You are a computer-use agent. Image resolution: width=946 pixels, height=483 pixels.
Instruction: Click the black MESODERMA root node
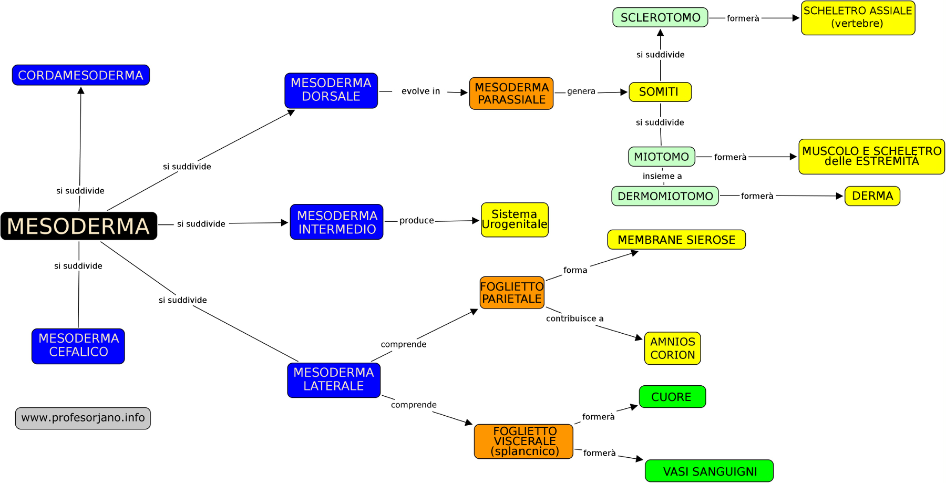pyautogui.click(x=79, y=226)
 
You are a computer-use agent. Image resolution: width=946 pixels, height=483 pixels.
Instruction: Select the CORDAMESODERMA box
pyautogui.click(x=81, y=75)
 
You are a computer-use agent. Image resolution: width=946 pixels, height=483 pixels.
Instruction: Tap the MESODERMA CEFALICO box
pyautogui.click(x=78, y=346)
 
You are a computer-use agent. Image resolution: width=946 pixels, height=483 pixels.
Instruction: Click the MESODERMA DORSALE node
pyautogui.click(x=331, y=90)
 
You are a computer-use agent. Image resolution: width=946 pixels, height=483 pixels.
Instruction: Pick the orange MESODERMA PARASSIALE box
pyautogui.click(x=511, y=94)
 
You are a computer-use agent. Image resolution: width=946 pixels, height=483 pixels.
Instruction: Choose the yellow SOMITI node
pyautogui.click(x=660, y=92)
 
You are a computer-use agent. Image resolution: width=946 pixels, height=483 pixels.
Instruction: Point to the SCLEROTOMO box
pyautogui.click(x=660, y=17)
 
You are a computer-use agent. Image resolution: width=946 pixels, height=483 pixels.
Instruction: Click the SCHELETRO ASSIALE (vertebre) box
pyautogui.click(x=858, y=18)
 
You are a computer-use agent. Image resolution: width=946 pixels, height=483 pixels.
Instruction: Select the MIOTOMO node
pyautogui.click(x=661, y=157)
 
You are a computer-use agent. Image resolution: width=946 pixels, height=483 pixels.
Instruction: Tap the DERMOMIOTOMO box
pyautogui.click(x=665, y=196)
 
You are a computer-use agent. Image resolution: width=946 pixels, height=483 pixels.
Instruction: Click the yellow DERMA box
pyautogui.click(x=872, y=196)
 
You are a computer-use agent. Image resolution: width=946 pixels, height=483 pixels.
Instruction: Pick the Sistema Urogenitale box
pyautogui.click(x=515, y=220)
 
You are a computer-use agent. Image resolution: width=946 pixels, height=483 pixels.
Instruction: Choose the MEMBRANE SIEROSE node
pyautogui.click(x=676, y=240)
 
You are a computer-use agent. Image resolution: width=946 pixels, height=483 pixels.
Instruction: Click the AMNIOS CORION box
pyautogui.click(x=672, y=348)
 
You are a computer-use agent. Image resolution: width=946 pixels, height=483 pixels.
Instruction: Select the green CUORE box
pyautogui.click(x=672, y=397)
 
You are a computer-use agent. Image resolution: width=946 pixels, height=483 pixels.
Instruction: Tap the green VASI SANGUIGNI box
pyautogui.click(x=709, y=471)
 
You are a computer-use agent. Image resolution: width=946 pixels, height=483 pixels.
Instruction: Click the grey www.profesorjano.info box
pyautogui.click(x=83, y=418)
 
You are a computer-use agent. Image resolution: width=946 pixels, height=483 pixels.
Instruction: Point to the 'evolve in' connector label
pyautogui.click(x=420, y=91)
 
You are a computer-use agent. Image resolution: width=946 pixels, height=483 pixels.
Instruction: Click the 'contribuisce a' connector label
pyautogui.click(x=574, y=318)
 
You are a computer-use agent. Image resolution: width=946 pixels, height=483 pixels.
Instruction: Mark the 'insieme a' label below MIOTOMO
pyautogui.click(x=662, y=176)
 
